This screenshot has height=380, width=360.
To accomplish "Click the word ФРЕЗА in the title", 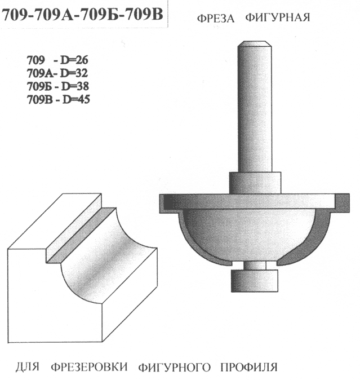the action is [x=215, y=18].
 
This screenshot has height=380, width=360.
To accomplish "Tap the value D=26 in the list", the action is [x=74, y=60].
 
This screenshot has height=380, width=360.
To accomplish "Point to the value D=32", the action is [x=74, y=73].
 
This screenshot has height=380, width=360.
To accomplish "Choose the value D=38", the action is [x=75, y=86].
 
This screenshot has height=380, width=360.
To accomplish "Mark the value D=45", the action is [x=76, y=99].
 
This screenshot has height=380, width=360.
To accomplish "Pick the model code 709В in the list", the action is [x=39, y=99].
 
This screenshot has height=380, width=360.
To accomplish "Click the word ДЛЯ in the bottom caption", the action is [x=28, y=366].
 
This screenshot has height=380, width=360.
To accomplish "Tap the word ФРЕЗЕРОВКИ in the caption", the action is [x=89, y=366].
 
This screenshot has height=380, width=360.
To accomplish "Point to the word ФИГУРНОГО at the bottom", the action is [x=175, y=368].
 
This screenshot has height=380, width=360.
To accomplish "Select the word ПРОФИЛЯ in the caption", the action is [x=248, y=368].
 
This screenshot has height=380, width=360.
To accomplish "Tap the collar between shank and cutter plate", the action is [x=255, y=183].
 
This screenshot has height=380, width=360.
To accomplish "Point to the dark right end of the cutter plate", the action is [x=343, y=203].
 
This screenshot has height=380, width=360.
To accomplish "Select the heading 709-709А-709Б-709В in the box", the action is [x=83, y=15].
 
